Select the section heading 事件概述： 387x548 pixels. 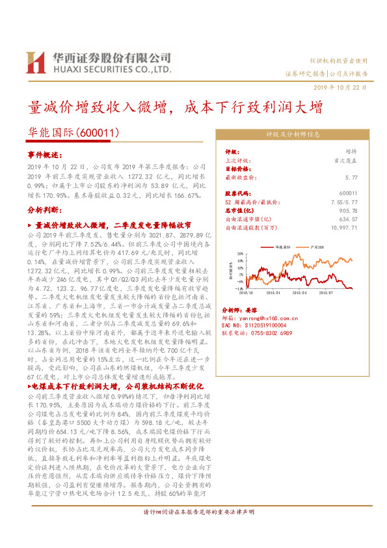(45, 156)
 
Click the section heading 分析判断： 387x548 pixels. (45, 211)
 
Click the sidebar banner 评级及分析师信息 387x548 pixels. (293, 135)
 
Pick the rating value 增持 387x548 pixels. (351, 150)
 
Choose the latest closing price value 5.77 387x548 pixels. (352, 176)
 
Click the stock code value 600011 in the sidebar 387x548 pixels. (349, 193)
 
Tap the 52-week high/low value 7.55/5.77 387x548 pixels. (344, 202)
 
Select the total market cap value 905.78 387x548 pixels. (348, 210)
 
